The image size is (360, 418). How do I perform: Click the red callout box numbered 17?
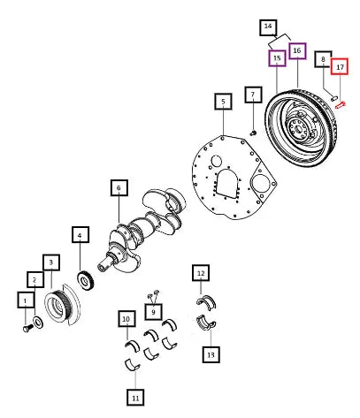point(340,66)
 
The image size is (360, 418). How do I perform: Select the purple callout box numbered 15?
point(277,58)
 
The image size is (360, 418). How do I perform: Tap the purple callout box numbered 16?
point(297,51)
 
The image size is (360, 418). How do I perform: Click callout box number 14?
point(268,27)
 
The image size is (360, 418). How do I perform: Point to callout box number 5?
point(223,102)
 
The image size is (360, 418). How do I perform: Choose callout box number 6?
point(119,187)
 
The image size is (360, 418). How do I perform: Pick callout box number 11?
point(135,397)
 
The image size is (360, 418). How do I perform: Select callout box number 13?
point(211,354)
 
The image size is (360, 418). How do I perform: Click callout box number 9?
point(153,312)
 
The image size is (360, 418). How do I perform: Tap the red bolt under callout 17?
point(340,105)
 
